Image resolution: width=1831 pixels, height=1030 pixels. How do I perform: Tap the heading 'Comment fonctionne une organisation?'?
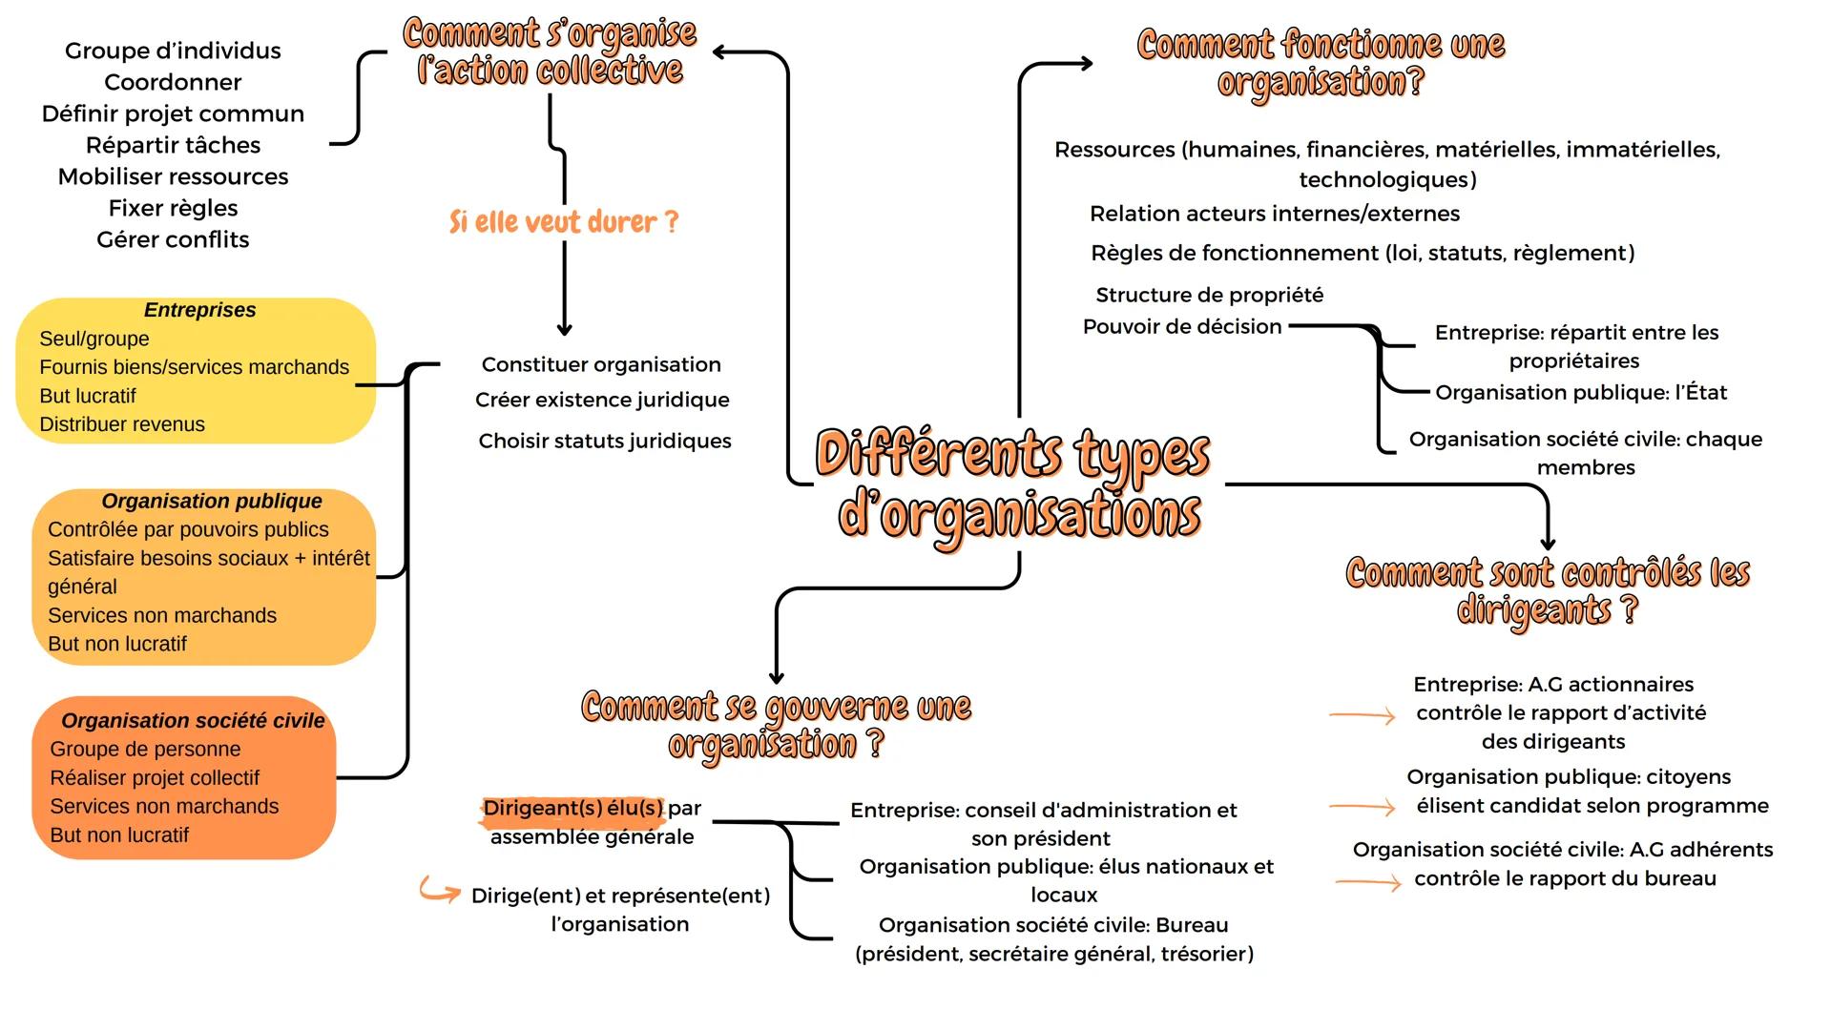pyautogui.click(x=1321, y=62)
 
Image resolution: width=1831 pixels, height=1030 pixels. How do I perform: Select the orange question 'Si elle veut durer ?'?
pyautogui.click(x=563, y=222)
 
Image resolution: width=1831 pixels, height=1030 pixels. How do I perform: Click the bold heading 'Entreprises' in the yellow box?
pyautogui.click(x=199, y=310)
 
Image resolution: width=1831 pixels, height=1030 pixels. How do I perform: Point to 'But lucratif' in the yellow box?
pyautogui.click(x=88, y=396)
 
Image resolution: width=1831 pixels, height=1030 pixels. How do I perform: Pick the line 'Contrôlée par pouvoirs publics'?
pyautogui.click(x=188, y=529)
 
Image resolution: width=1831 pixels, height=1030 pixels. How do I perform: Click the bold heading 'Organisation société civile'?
pyautogui.click(x=193, y=721)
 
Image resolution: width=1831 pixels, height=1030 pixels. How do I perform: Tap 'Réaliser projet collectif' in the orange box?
pyautogui.click(x=155, y=778)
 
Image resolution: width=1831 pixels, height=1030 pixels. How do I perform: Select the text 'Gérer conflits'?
pyautogui.click(x=173, y=239)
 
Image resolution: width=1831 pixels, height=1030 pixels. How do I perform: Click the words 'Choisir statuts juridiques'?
pyautogui.click(x=605, y=441)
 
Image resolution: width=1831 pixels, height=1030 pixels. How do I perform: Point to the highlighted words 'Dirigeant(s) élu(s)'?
pyautogui.click(x=572, y=809)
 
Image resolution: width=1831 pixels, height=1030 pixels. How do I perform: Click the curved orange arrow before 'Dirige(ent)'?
pyautogui.click(x=440, y=892)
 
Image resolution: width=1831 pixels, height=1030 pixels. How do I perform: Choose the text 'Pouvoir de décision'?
pyautogui.click(x=1182, y=326)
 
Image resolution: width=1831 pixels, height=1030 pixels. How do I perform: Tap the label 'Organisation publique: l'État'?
pyautogui.click(x=1581, y=392)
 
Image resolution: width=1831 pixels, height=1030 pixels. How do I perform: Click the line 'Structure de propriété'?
pyautogui.click(x=1209, y=295)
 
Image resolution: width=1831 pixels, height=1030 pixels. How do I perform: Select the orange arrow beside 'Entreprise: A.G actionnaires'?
pyautogui.click(x=1363, y=715)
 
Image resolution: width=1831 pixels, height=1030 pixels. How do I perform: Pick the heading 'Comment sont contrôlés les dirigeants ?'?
pyautogui.click(x=1547, y=591)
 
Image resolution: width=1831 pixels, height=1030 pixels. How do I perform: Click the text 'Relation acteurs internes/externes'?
pyautogui.click(x=1275, y=214)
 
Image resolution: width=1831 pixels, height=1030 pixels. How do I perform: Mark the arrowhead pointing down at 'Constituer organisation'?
pyautogui.click(x=564, y=328)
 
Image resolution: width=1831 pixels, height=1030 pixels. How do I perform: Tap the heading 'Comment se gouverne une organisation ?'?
pyautogui.click(x=776, y=725)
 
